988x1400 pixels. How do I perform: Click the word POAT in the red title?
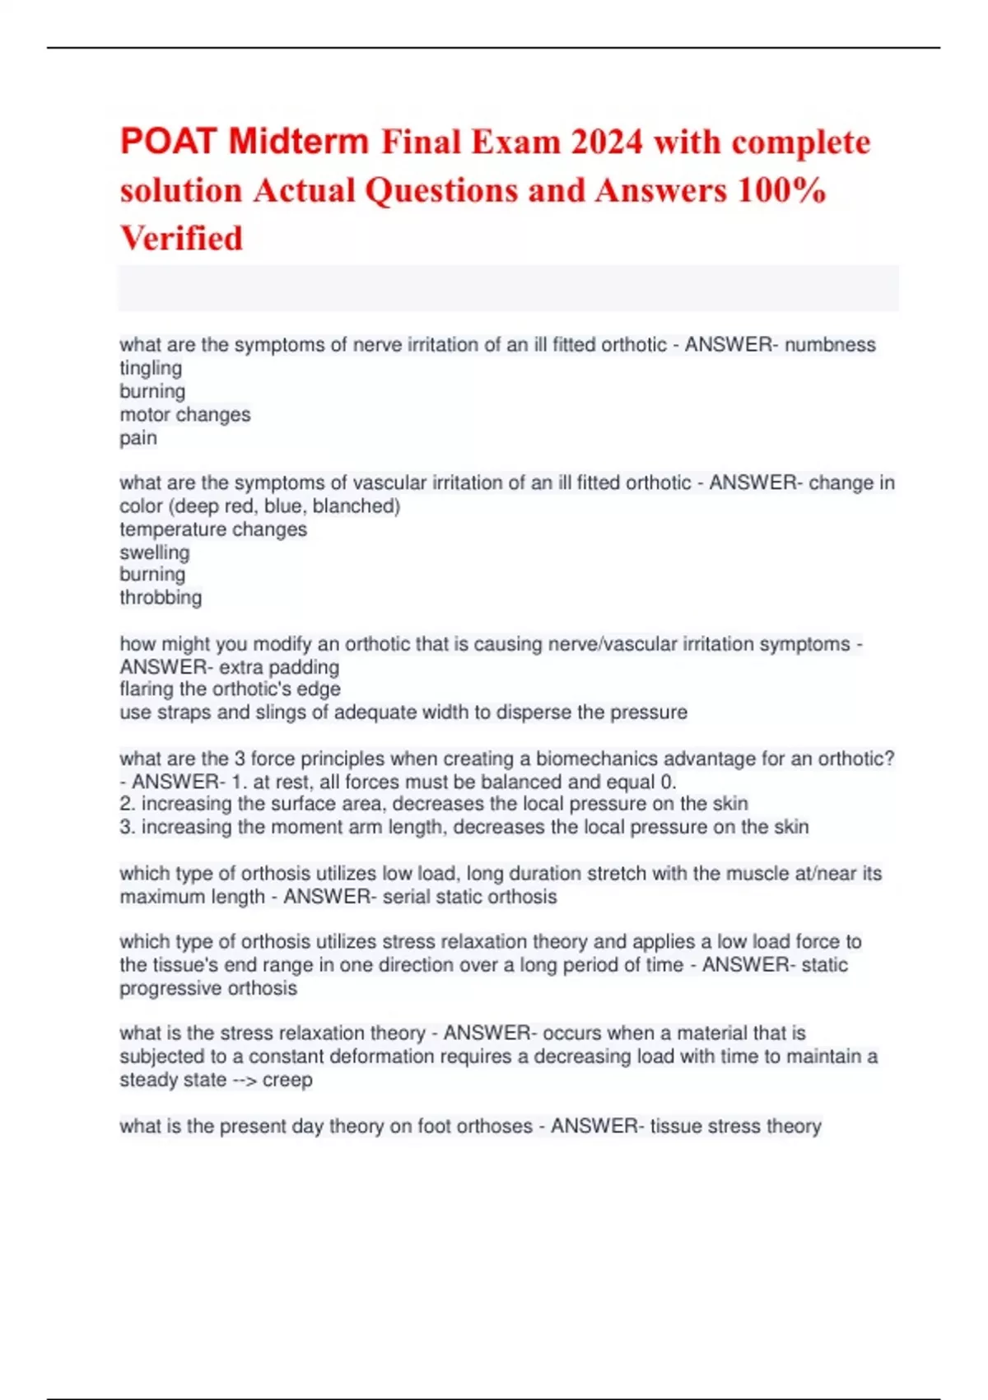click(x=169, y=142)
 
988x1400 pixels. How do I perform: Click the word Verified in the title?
click(x=182, y=239)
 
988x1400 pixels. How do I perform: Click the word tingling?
click(x=151, y=368)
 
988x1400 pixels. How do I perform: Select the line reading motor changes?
click(x=185, y=414)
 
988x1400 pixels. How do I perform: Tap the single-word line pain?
click(x=138, y=437)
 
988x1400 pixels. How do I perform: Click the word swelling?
click(x=155, y=552)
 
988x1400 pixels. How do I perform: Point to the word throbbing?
click(x=161, y=597)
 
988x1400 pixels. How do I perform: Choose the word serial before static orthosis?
click(x=407, y=897)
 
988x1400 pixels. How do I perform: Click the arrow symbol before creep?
click(x=244, y=1080)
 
